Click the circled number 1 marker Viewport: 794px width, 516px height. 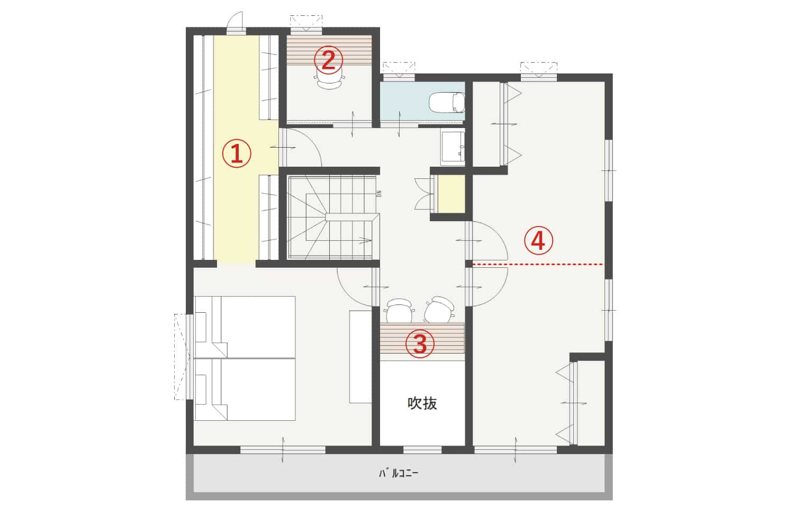(237, 153)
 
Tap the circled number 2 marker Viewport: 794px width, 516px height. (329, 60)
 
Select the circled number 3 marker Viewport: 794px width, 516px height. (420, 343)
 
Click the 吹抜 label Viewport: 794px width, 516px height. (422, 403)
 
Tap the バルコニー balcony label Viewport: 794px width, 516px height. (399, 473)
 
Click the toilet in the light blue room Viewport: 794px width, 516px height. (447, 103)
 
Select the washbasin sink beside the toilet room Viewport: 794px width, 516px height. (453, 148)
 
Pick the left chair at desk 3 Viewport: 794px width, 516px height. (399, 311)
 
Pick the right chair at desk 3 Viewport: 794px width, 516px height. (440, 310)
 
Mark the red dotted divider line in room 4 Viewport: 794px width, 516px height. (537, 265)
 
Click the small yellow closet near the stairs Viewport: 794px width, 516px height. (451, 194)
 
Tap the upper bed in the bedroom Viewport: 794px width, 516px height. (245, 327)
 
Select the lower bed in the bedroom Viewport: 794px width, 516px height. (245, 390)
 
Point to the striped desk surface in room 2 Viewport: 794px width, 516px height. (329, 50)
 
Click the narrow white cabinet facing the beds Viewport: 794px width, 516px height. (360, 357)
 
